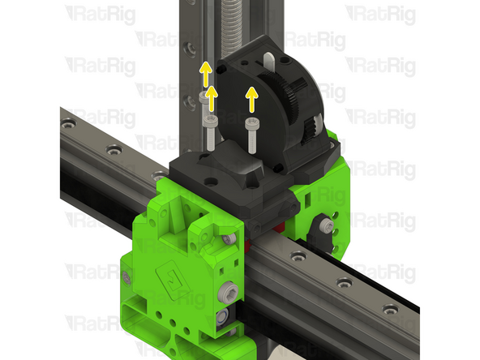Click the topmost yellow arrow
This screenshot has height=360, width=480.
[206, 73]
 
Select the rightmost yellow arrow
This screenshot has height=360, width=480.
[252, 98]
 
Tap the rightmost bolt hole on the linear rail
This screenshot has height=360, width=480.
[389, 308]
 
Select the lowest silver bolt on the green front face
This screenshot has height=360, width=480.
[221, 319]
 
